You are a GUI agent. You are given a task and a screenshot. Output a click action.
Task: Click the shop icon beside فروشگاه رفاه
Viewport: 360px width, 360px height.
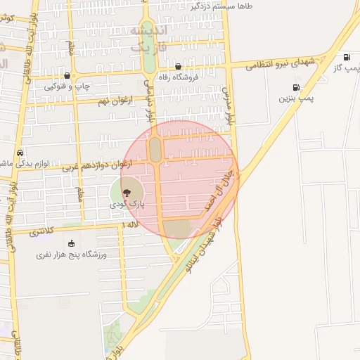179,66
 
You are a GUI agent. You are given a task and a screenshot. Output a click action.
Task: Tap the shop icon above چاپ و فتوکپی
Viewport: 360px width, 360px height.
67,76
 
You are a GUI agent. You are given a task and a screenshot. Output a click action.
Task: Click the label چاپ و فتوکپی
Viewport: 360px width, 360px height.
67,87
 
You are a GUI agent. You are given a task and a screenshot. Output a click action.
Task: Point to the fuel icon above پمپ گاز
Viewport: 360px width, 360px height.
347,57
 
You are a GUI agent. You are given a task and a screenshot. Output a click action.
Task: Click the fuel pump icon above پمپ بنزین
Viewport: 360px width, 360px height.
295,88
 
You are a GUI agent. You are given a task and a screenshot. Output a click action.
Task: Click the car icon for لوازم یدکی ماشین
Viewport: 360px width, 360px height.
20,152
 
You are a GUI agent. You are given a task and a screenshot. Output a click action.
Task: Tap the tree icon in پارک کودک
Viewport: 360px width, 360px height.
127,192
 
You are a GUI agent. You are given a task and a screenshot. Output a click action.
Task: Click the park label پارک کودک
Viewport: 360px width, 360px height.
127,203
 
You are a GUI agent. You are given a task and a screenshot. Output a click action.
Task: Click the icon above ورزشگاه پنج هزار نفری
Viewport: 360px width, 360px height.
71,243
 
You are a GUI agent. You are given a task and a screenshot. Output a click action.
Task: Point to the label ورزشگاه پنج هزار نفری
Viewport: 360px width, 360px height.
71,255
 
